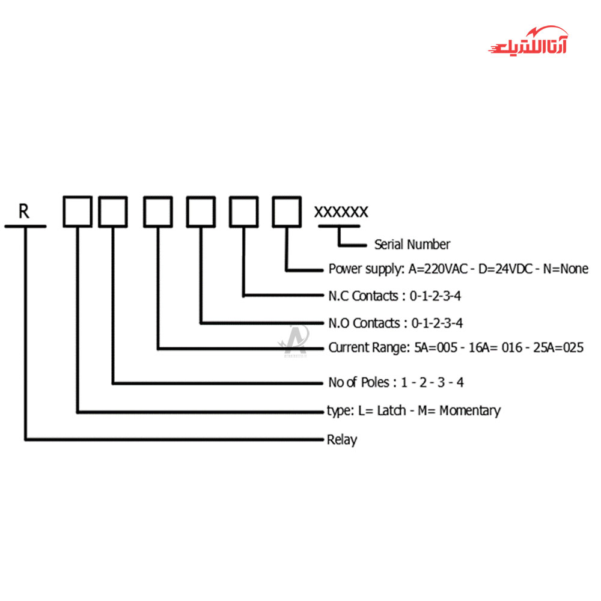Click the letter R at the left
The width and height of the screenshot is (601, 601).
(x=24, y=211)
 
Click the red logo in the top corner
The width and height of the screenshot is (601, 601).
(x=528, y=41)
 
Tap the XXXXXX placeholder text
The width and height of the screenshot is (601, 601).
(x=341, y=212)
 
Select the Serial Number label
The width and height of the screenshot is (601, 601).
(x=412, y=244)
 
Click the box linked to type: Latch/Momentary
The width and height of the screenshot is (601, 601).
(x=78, y=212)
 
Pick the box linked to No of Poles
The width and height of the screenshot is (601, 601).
(x=113, y=212)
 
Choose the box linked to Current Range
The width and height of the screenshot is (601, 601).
(x=158, y=212)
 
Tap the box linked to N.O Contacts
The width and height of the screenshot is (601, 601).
(x=201, y=212)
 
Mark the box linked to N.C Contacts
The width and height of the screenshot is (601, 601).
(x=244, y=212)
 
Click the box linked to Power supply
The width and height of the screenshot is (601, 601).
(x=287, y=212)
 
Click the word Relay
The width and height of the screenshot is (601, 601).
(x=342, y=440)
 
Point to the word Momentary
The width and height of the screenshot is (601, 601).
(x=470, y=411)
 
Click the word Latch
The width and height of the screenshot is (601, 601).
(x=391, y=410)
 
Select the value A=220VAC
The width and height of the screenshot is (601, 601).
(x=438, y=269)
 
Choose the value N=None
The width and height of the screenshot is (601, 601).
(x=566, y=269)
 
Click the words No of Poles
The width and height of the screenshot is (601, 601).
(x=359, y=382)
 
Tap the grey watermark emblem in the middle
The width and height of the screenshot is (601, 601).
(x=294, y=341)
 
